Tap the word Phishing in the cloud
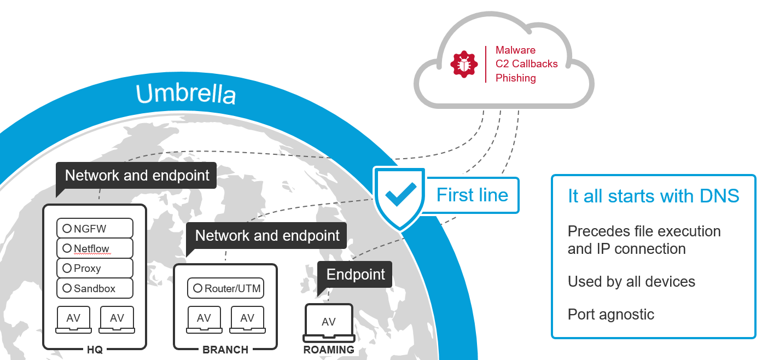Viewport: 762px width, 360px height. pyautogui.click(x=515, y=78)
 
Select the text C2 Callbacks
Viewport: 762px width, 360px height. pyautogui.click(x=526, y=64)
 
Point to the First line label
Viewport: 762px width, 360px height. pyautogui.click(x=472, y=195)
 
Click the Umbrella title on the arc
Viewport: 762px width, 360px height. pyautogui.click(x=186, y=94)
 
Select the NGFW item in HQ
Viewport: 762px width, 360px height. pyautogui.click(x=95, y=229)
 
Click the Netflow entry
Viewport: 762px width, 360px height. pyautogui.click(x=95, y=248)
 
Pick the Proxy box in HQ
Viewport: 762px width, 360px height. pyautogui.click(x=95, y=268)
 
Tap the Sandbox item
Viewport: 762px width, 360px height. pyautogui.click(x=95, y=288)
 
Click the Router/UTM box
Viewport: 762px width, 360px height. pyautogui.click(x=225, y=288)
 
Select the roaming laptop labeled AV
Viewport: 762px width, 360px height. pyautogui.click(x=329, y=323)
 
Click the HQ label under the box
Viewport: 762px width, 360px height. pyautogui.click(x=95, y=350)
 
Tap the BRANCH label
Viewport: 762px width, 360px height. pyautogui.click(x=225, y=350)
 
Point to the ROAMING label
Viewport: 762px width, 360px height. pyautogui.click(x=329, y=350)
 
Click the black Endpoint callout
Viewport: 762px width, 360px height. pyautogui.click(x=356, y=274)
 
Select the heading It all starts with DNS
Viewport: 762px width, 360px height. pyautogui.click(x=653, y=196)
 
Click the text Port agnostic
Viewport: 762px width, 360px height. pyautogui.click(x=610, y=315)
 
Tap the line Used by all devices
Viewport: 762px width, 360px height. pyautogui.click(x=631, y=282)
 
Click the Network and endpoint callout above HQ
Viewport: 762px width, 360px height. pyautogui.click(x=137, y=176)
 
